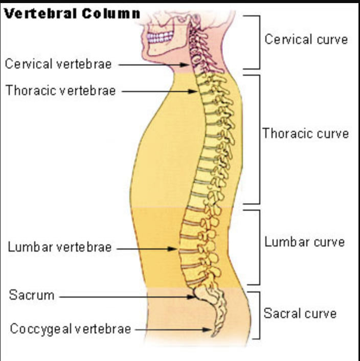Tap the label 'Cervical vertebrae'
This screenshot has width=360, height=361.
coord(58,64)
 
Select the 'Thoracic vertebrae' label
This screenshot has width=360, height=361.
coord(61,91)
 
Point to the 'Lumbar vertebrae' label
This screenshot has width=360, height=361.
coord(59,248)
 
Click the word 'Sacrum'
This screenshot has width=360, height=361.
coord(31,295)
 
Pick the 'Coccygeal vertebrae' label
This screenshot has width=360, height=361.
coord(71,329)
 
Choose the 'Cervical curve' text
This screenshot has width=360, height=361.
coord(306,39)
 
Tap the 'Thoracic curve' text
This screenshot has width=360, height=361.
coord(306,134)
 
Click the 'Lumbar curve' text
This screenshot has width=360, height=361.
coord(304,241)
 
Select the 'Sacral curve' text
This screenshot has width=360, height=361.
coord(300,313)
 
